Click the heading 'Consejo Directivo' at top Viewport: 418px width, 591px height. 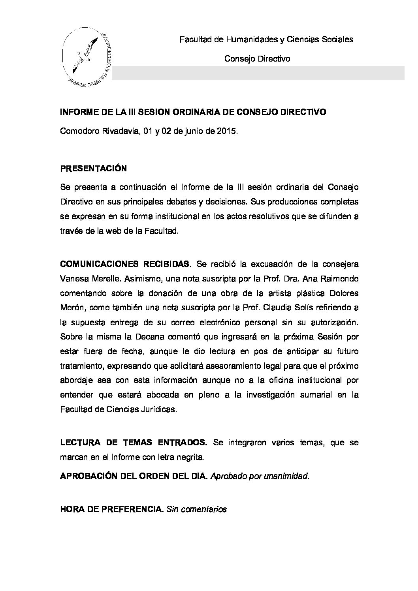pyautogui.click(x=257, y=59)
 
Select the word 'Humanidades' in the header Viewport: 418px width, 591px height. pyautogui.click(x=248, y=39)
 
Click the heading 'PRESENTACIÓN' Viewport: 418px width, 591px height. pyautogui.click(x=93, y=169)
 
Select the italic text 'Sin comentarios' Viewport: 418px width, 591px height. pyautogui.click(x=197, y=509)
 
